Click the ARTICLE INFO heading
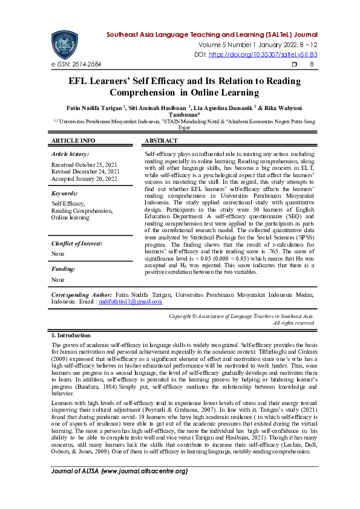click(73, 141)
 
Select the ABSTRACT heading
click(161, 141)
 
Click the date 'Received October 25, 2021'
click(84, 164)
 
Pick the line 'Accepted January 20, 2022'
click(85, 179)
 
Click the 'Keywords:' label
click(65, 193)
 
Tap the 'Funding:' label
click(64, 269)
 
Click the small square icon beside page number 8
click(295, 64)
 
